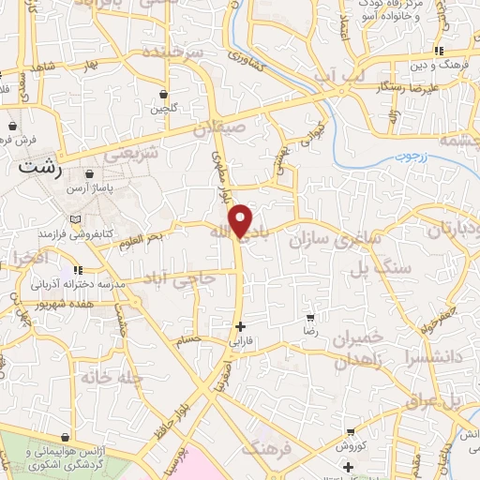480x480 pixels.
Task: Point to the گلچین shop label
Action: coord(164,109)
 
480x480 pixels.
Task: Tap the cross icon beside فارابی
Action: coord(241,327)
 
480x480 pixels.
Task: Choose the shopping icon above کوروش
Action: coord(351,432)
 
